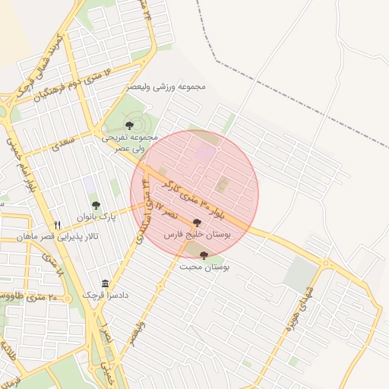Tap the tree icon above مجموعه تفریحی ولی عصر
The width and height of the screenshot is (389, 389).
(x=128, y=125)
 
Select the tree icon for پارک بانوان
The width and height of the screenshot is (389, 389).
(x=96, y=205)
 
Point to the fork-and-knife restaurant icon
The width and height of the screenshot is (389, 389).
(x=57, y=226)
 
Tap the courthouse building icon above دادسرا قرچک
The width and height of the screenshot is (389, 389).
(x=106, y=283)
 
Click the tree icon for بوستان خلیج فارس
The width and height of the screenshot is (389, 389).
(x=198, y=223)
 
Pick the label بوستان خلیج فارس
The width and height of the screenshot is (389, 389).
(x=201, y=236)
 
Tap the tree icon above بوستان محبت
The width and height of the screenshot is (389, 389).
(x=204, y=256)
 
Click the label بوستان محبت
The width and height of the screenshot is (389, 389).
(x=204, y=267)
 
